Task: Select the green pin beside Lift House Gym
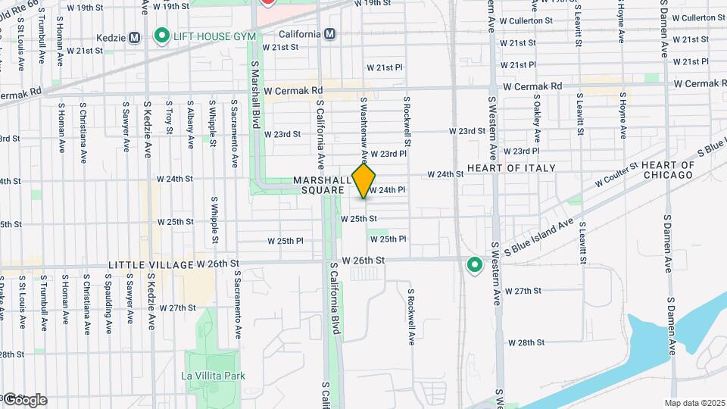coord(161,36)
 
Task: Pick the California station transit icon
coord(329,34)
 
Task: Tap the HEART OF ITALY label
coord(511,167)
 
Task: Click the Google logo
coord(24,399)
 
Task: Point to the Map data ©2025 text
coord(694,403)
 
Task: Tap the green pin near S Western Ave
coord(475,264)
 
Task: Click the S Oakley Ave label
coord(537,117)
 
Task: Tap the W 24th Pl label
coord(388,190)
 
